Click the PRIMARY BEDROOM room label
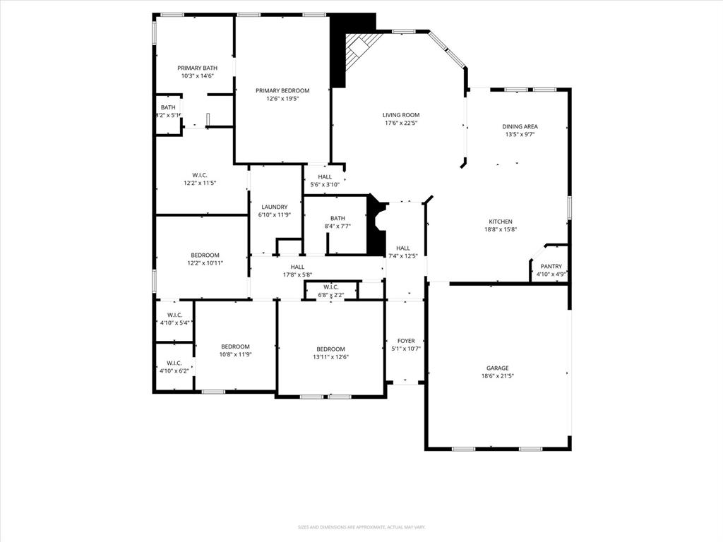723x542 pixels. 282,90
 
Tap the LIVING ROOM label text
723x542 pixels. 401,115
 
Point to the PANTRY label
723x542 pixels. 551,266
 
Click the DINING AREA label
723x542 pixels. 520,126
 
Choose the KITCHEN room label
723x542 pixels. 500,222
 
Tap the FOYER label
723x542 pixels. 406,341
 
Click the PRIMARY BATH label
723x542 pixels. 197,68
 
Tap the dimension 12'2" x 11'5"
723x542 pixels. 200,183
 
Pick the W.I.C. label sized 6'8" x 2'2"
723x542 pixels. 330,287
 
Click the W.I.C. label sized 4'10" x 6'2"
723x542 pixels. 174,363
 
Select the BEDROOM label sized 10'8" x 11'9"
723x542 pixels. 235,347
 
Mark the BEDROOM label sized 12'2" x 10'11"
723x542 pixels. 205,255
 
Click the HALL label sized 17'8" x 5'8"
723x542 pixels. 297,267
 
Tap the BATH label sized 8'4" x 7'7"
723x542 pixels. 337,218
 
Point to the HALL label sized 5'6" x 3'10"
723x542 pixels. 325,177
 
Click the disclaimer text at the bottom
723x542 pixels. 361,527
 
